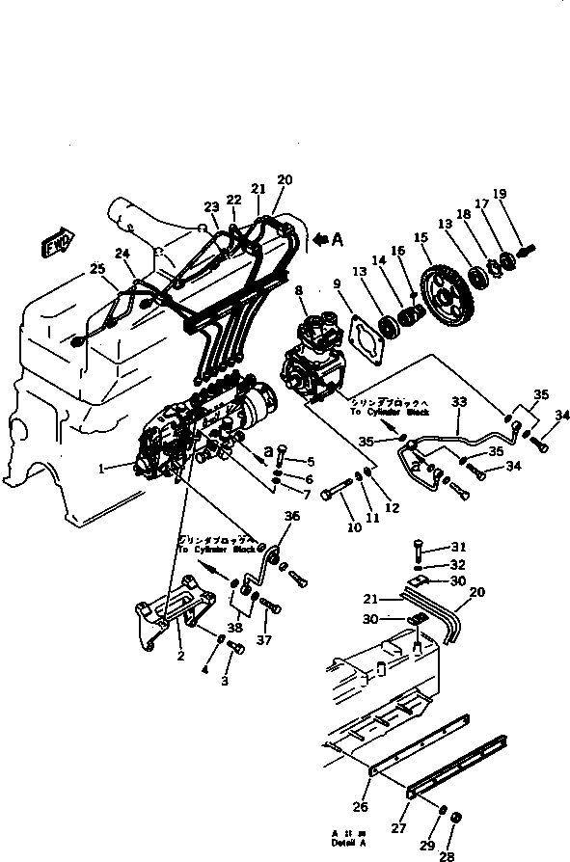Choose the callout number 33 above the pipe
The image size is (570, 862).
[458, 400]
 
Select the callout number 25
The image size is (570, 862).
[95, 268]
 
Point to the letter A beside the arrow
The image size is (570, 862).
[337, 242]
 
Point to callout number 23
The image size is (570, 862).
[210, 206]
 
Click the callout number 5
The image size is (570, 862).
[310, 462]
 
